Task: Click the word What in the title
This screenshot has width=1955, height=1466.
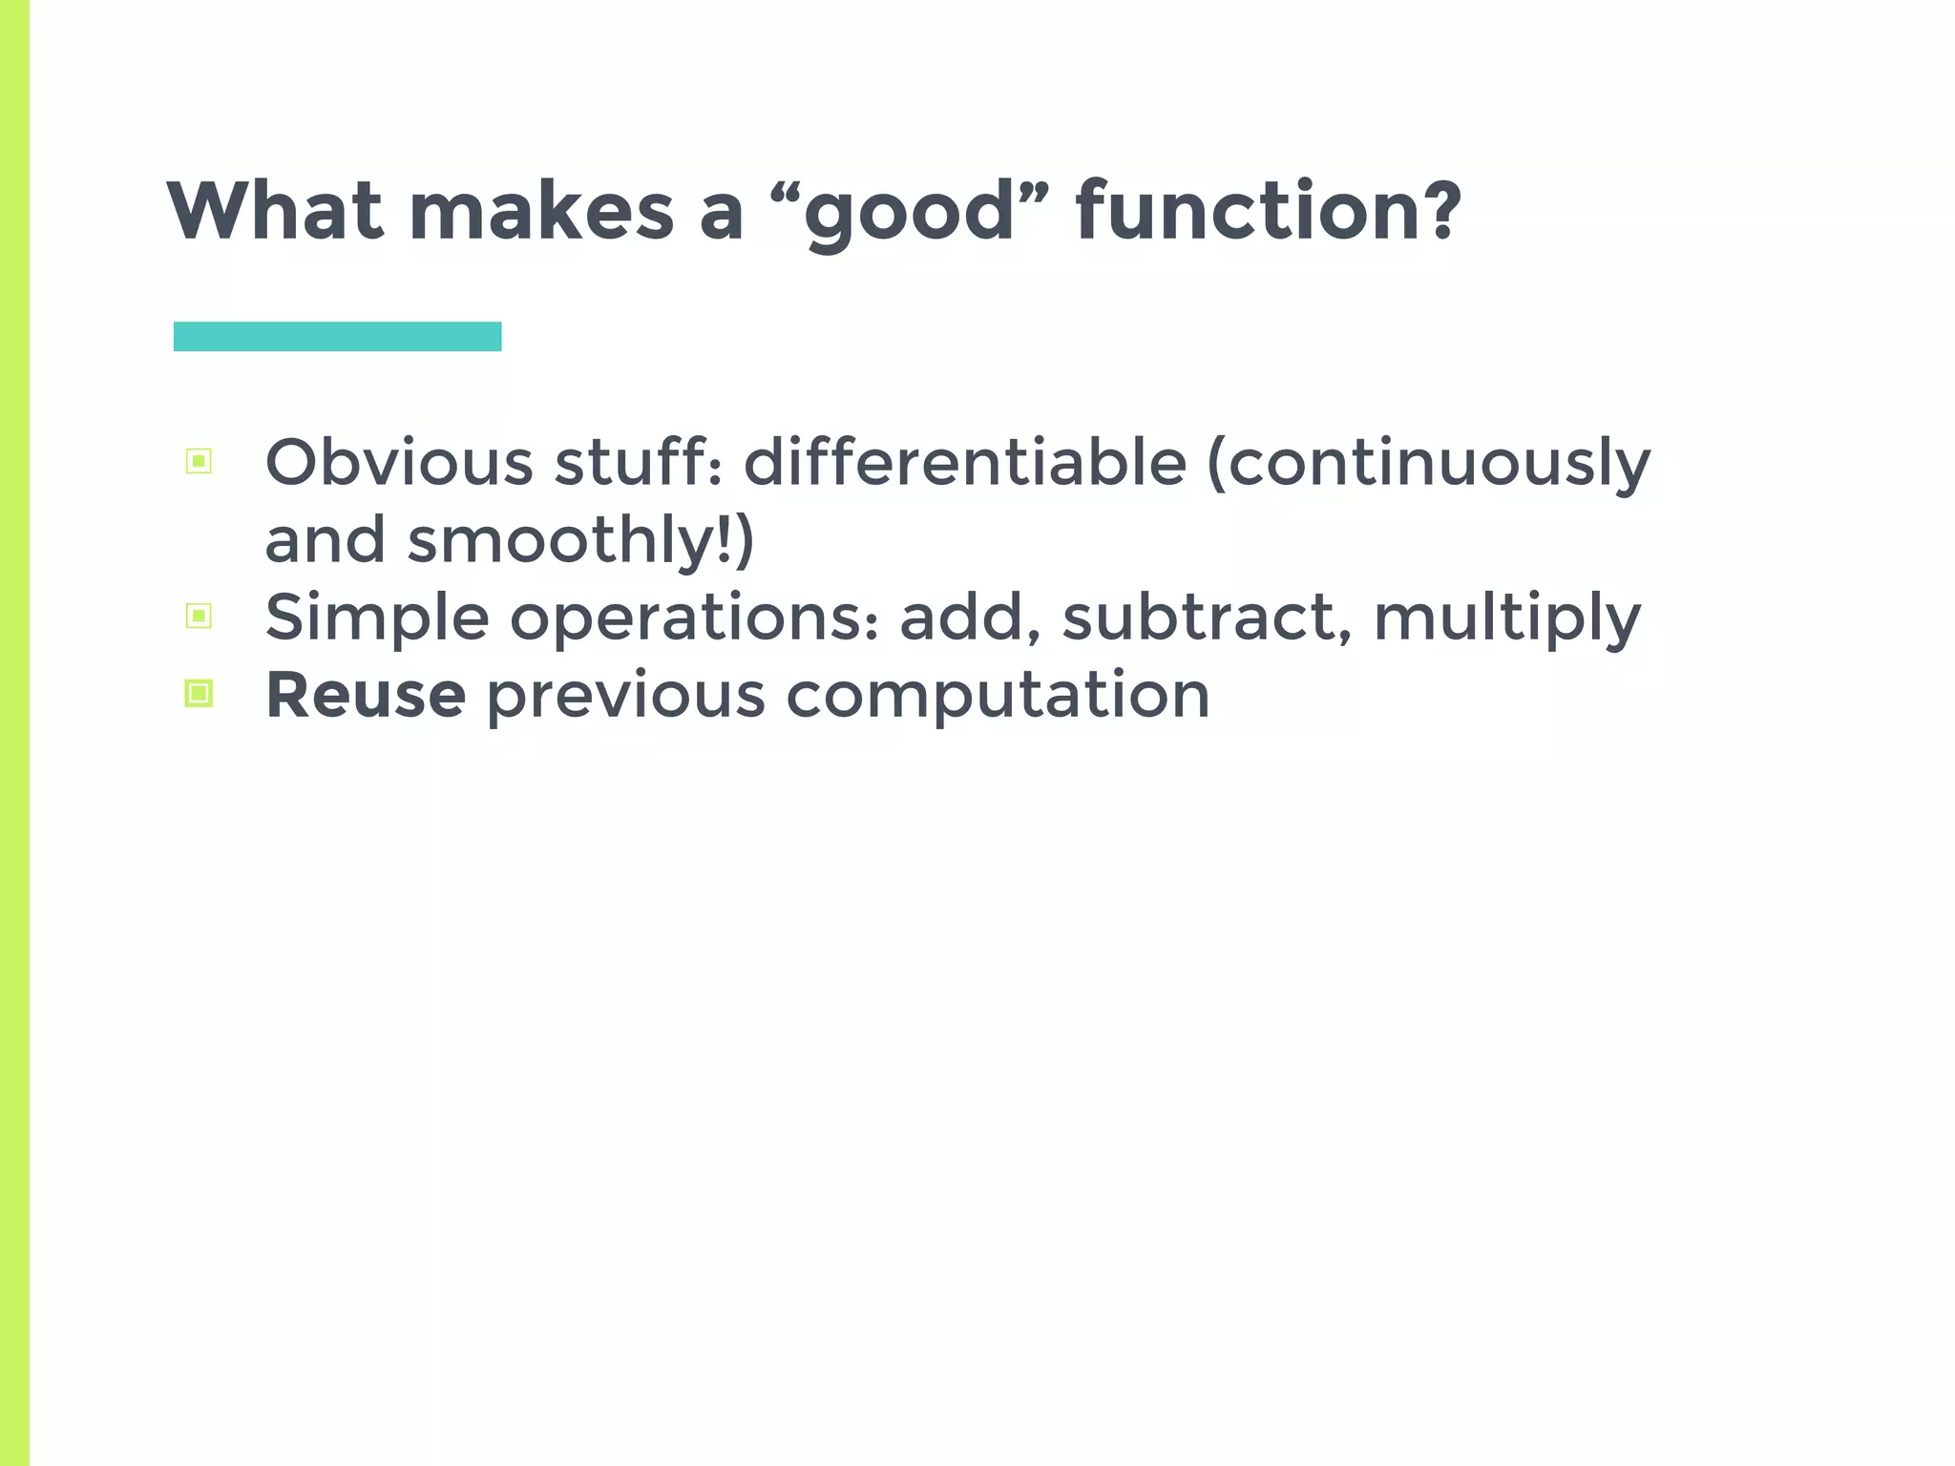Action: click(275, 211)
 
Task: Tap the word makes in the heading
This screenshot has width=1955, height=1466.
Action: click(541, 211)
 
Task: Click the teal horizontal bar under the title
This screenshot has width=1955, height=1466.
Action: click(337, 337)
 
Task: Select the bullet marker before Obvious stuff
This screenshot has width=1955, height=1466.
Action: click(199, 462)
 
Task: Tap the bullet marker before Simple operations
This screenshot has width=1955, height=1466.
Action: click(199, 617)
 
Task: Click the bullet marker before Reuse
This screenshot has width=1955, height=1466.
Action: click(199, 693)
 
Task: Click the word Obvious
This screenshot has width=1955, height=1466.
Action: click(399, 463)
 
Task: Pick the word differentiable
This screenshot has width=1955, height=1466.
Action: click(964, 463)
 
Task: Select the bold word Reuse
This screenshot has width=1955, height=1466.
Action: click(366, 695)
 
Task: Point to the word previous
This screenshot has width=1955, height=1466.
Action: click(626, 697)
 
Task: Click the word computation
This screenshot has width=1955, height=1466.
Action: click(998, 697)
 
